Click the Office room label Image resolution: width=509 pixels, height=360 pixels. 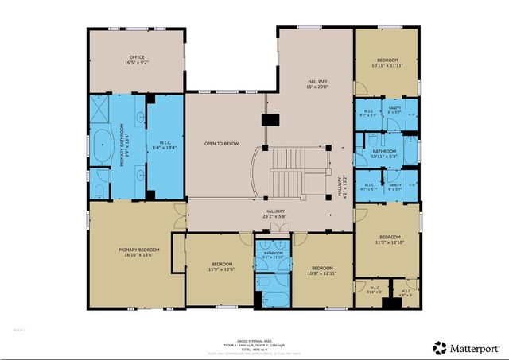136,60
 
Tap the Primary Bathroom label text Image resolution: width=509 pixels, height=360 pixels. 125,148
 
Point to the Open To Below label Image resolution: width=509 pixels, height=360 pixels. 222,144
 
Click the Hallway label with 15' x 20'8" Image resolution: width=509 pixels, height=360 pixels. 317,84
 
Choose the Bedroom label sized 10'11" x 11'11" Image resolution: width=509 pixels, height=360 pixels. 387,63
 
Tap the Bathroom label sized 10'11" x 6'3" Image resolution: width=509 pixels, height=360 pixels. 385,153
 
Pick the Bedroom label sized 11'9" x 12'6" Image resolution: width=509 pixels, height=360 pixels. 221,266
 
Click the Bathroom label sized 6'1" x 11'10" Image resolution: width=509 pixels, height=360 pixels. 274,256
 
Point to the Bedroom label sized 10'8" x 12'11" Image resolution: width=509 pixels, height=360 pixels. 321,270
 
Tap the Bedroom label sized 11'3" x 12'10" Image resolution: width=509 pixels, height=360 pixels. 389,240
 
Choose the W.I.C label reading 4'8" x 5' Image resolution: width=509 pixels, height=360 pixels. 406,293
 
